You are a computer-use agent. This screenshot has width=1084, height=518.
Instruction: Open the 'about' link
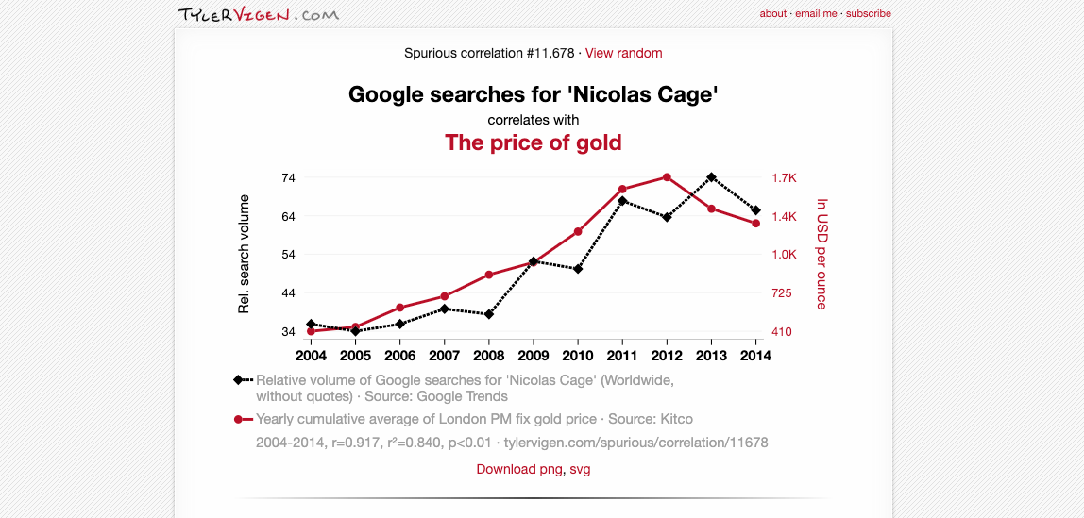tap(772, 14)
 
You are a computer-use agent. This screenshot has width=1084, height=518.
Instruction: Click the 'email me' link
tap(816, 14)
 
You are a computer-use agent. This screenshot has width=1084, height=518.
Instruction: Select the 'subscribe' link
tap(868, 14)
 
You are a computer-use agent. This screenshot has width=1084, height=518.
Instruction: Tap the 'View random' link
tap(623, 53)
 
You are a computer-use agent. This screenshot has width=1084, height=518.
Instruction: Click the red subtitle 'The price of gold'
tap(533, 142)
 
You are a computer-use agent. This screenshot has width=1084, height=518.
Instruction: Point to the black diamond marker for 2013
tap(711, 177)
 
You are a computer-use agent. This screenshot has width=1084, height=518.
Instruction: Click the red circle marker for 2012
tap(667, 177)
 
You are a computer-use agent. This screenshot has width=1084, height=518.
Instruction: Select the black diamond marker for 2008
tap(489, 314)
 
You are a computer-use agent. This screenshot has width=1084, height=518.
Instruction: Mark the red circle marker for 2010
tap(578, 231)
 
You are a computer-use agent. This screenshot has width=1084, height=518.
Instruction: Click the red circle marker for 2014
tap(756, 224)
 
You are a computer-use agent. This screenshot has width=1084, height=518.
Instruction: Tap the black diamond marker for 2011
tap(622, 201)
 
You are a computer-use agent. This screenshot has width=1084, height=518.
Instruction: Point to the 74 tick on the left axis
tap(288, 177)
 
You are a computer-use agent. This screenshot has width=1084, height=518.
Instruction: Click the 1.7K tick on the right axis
tap(784, 177)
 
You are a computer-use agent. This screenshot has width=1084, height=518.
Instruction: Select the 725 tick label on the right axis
tap(782, 293)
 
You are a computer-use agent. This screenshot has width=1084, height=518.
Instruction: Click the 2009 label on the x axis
tap(534, 356)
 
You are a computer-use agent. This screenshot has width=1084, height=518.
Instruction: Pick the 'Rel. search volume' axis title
tap(244, 254)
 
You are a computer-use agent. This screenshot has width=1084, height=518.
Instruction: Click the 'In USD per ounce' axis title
tap(821, 254)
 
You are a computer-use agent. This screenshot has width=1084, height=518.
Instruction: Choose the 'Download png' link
tap(519, 469)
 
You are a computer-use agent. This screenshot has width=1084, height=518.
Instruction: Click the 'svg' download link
tap(580, 469)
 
